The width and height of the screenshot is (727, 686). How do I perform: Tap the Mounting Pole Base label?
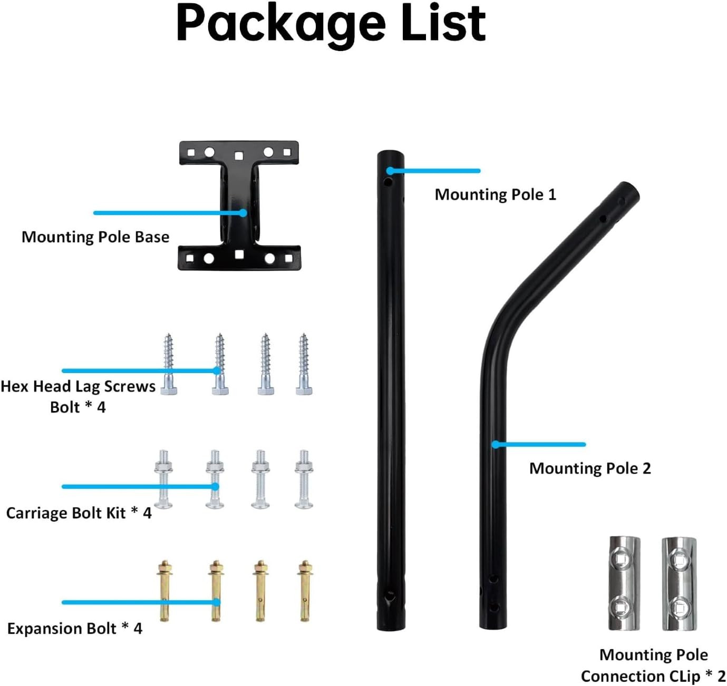tap(95, 237)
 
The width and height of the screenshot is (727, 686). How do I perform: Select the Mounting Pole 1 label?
tap(495, 194)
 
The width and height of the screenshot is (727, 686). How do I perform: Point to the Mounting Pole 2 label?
tap(590, 468)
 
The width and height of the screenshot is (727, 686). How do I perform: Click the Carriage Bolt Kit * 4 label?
tap(79, 513)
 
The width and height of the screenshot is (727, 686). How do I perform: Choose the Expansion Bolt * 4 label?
tap(74, 629)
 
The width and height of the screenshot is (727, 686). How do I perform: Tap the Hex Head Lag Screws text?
tap(78, 387)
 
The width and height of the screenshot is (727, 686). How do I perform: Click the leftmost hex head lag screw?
tap(168, 364)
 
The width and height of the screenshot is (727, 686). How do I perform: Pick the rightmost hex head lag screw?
tap(304, 364)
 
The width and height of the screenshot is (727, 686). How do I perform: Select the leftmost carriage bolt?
tap(163, 479)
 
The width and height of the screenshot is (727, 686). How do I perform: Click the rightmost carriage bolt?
tap(304, 479)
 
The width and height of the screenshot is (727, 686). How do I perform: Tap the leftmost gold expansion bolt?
tap(164, 590)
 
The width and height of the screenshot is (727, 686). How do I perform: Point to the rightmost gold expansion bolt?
tap(305, 590)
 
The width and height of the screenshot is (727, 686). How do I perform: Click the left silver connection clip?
tap(624, 583)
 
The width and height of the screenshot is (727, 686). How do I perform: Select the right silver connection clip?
tap(679, 584)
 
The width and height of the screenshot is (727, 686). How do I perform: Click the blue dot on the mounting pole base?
tap(243, 213)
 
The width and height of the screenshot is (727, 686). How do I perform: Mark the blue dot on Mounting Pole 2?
tap(496, 445)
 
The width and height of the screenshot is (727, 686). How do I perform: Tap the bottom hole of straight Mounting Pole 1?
tap(390, 596)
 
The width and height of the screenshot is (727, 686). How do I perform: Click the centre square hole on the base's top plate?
tap(239, 155)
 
